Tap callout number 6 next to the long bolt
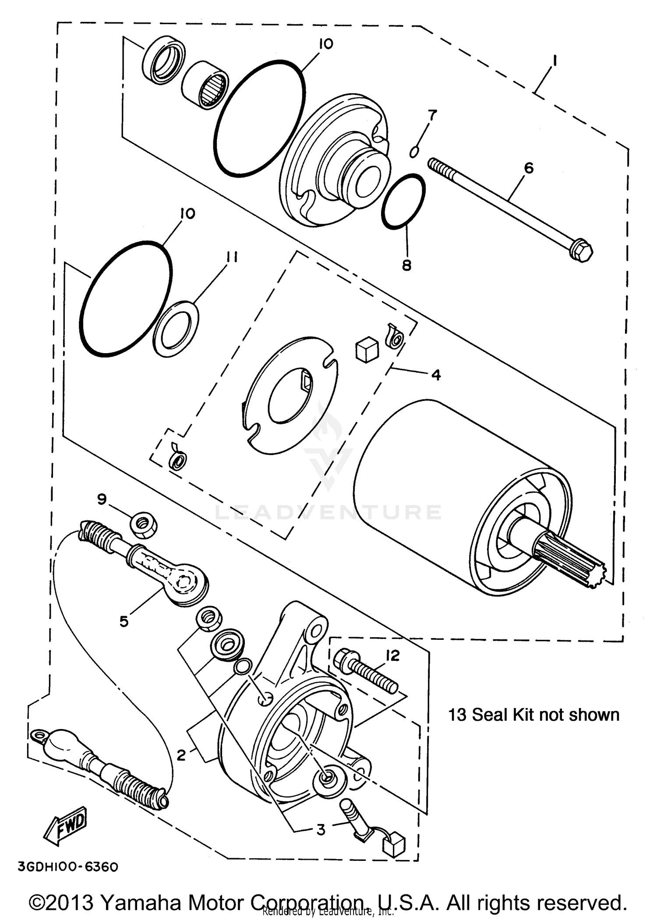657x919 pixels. tap(529, 168)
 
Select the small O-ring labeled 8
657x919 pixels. tap(403, 200)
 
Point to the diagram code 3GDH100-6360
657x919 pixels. tap(67, 866)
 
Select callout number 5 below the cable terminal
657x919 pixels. tap(124, 621)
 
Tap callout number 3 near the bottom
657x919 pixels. tap(321, 829)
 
